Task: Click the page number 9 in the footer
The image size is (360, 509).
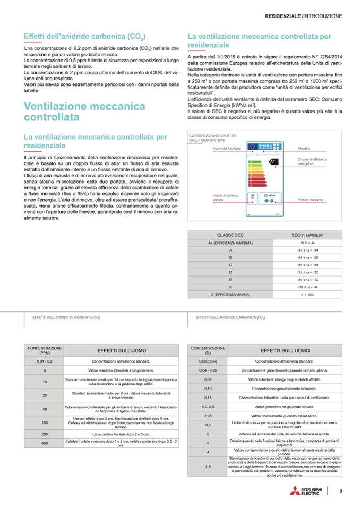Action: [341, 490]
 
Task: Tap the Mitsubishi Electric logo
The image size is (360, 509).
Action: [305, 491]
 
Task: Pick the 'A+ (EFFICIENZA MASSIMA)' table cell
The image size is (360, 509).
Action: [230, 242]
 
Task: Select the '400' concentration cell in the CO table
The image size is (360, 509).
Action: [45, 443]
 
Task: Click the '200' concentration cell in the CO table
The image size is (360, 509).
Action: [45, 433]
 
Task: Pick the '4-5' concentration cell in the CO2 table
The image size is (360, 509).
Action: [208, 466]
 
